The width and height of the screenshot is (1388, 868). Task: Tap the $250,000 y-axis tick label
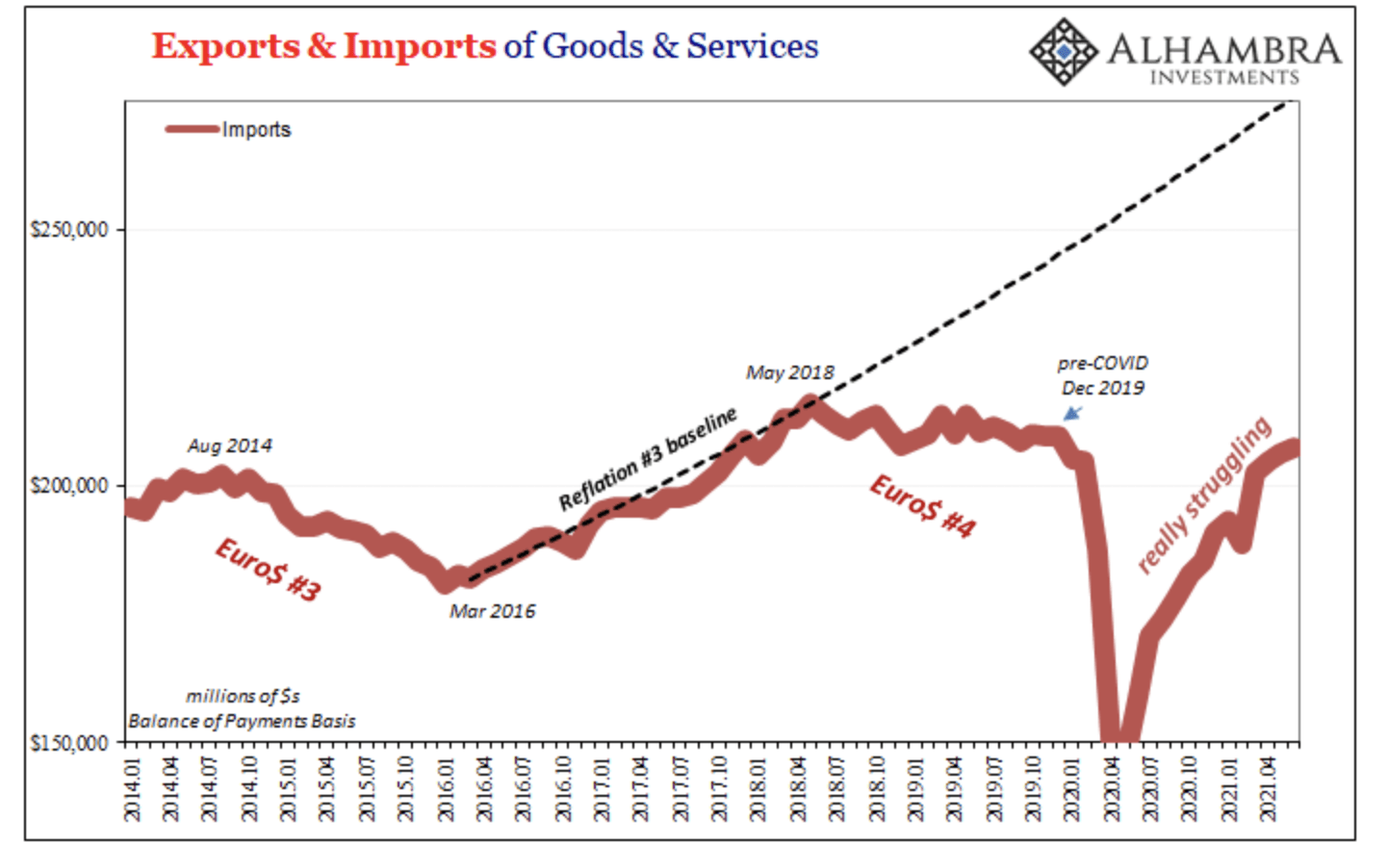pos(69,230)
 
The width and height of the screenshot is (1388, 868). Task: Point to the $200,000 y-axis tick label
pos(69,486)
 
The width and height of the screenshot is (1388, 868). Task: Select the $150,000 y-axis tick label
pos(69,743)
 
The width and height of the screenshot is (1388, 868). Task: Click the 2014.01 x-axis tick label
pos(133,789)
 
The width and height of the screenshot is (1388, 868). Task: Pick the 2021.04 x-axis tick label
pos(1269,789)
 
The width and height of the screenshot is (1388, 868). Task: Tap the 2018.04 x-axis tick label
pos(798,789)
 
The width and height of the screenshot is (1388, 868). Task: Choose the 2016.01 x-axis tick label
pos(446,789)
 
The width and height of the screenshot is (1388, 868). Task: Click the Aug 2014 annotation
pos(229,446)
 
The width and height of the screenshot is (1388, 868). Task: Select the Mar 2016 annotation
pos(492,611)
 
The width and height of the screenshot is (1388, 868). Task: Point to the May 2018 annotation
pos(789,372)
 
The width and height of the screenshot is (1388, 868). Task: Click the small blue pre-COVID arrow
pos(1072,414)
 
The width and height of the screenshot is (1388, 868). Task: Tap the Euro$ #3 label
pos(268,570)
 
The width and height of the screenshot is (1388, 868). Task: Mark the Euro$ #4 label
pos(922,505)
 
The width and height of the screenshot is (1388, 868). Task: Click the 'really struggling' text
pos(1204,496)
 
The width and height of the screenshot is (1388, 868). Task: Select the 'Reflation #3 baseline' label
pos(648,458)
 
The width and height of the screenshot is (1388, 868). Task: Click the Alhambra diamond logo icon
pos(1062,50)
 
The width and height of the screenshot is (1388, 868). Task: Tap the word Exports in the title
pos(225,46)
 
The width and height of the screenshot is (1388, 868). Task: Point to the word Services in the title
pos(752,46)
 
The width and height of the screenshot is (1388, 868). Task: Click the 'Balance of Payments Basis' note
pos(242,721)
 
